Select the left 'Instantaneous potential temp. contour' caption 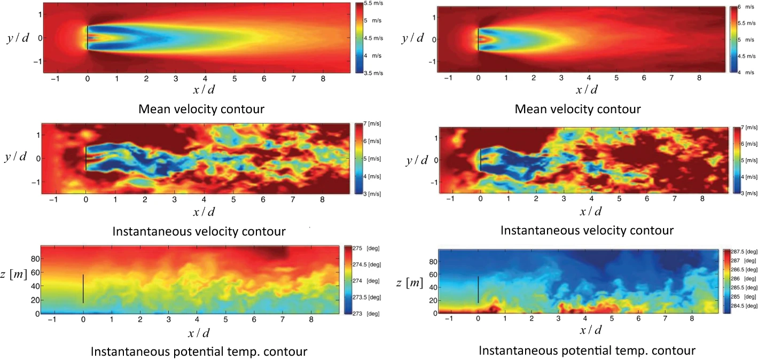click(199, 352)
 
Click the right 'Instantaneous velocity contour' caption click(587, 230)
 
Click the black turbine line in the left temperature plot click(83, 288)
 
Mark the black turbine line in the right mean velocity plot click(478, 39)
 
